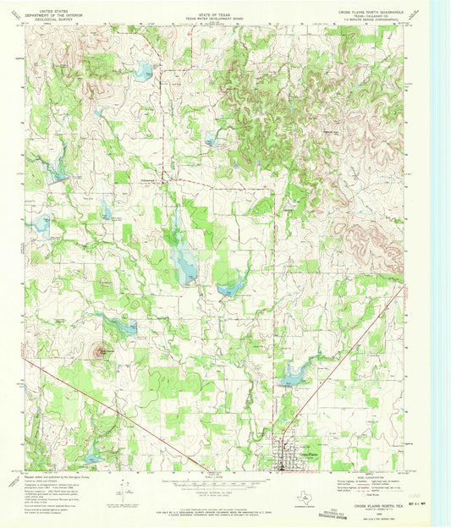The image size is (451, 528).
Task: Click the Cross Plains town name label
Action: pyautogui.click(x=310, y=454)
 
